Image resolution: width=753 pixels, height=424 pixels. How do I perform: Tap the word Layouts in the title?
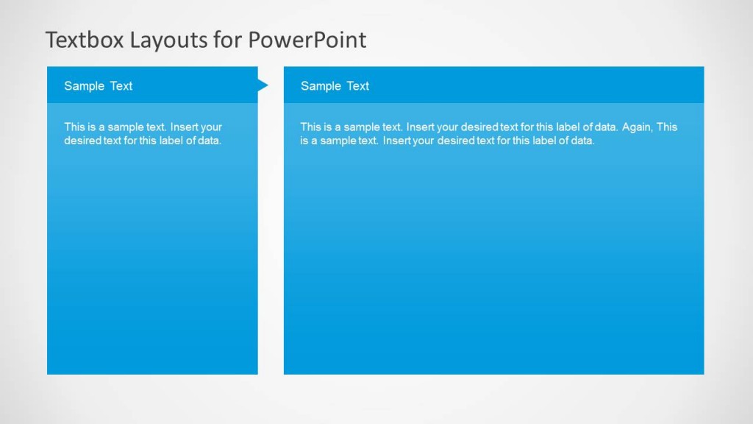(x=169, y=40)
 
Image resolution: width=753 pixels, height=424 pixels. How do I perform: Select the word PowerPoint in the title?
(x=307, y=40)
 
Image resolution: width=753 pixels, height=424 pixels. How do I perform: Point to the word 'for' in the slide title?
(x=228, y=40)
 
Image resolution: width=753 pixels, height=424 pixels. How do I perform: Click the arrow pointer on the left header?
(x=263, y=85)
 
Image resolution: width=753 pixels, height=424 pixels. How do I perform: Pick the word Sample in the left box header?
(x=84, y=86)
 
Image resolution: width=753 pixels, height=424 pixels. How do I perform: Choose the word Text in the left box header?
(x=121, y=86)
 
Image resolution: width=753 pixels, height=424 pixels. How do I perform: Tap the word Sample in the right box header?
(x=321, y=86)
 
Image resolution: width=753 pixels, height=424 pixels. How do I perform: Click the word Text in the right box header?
(x=357, y=86)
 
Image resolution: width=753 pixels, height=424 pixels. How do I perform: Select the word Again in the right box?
(x=637, y=127)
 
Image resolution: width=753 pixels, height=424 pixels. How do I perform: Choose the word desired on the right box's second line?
(x=456, y=141)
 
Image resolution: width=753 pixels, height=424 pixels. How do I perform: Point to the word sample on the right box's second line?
(x=343, y=141)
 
